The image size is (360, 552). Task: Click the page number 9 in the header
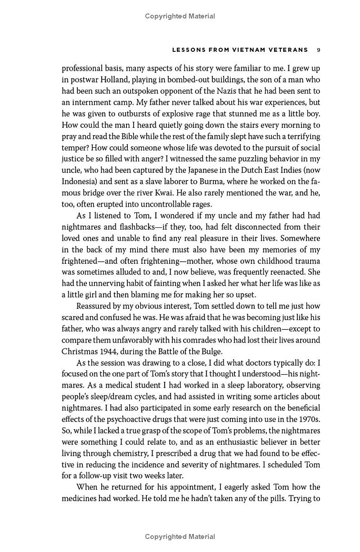click(318, 50)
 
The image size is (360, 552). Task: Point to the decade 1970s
click(308, 419)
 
